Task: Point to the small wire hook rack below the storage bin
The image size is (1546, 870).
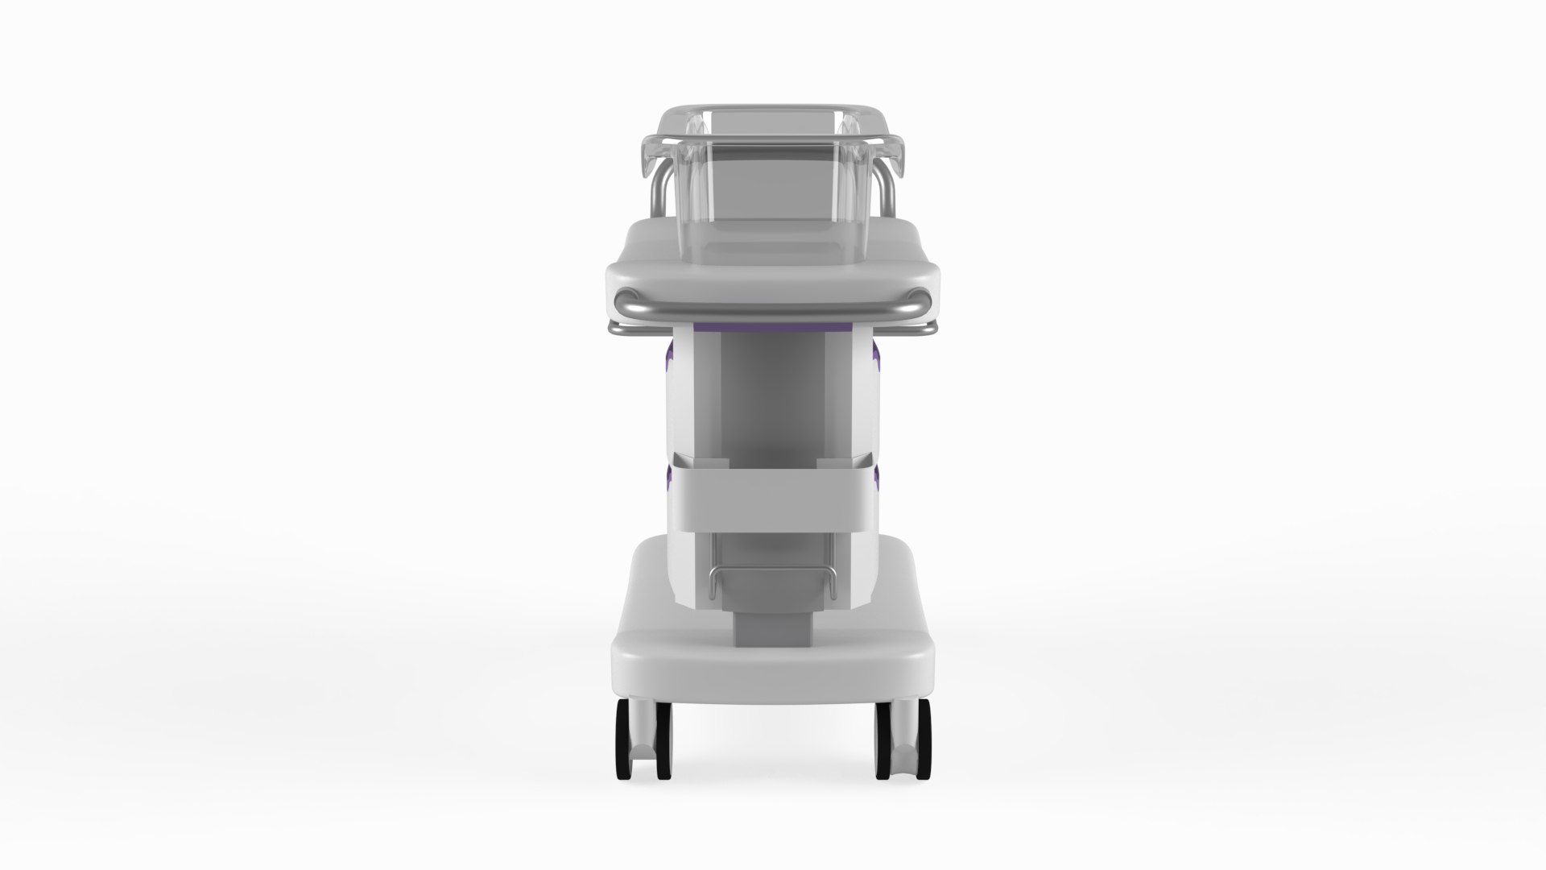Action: pyautogui.click(x=772, y=574)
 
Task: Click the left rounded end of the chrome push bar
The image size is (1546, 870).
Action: pyautogui.click(x=622, y=304)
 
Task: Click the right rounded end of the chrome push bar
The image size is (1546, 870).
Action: pyautogui.click(x=924, y=304)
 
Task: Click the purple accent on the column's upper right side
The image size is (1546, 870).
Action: pyautogui.click(x=876, y=354)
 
